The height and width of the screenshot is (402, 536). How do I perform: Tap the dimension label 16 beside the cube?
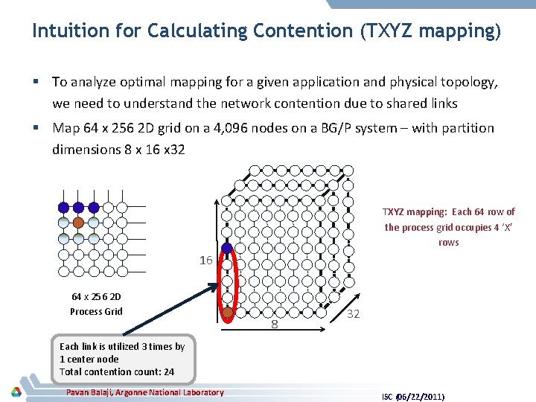tap(206, 261)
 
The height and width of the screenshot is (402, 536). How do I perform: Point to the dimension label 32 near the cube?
tap(354, 314)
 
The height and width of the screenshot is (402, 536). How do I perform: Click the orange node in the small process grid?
tap(78, 222)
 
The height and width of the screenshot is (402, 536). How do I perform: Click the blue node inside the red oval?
tap(228, 249)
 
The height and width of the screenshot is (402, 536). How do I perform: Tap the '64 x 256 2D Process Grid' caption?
tap(96, 304)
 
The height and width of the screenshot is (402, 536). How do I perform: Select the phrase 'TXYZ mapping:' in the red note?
tap(411, 212)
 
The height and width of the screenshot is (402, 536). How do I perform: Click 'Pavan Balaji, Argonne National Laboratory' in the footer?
tap(144, 392)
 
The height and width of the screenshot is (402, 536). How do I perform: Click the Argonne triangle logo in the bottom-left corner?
tap(16, 392)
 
